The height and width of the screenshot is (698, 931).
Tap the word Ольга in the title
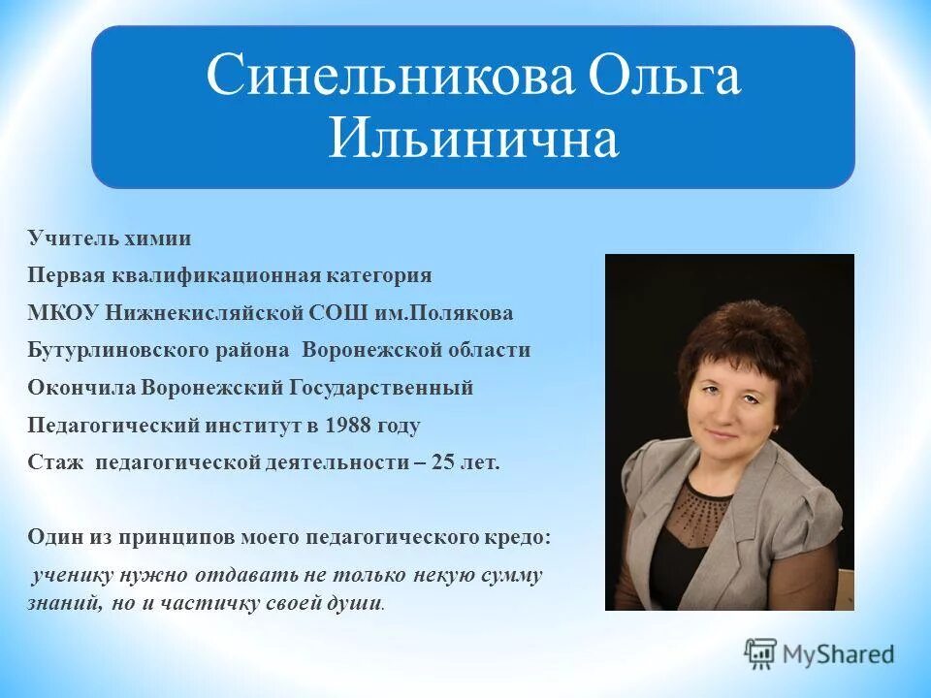click(666, 78)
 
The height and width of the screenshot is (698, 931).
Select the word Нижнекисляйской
click(180, 313)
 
